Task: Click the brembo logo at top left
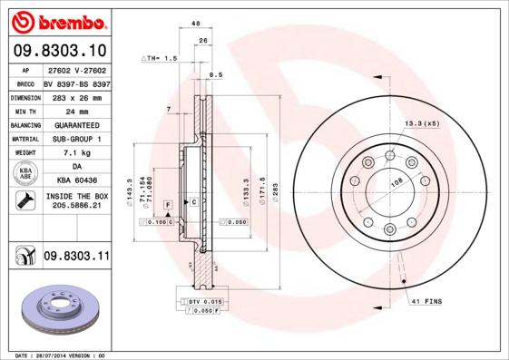coord(57,20)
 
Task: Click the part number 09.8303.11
coord(76,258)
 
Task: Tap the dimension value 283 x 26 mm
coord(76,96)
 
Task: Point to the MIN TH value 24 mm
coord(76,111)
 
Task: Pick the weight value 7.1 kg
coord(76,153)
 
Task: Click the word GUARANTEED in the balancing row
coord(76,124)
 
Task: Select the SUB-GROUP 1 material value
coord(76,139)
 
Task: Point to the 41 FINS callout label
coord(426,299)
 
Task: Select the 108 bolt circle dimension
coord(396,182)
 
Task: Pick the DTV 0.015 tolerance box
coord(204,300)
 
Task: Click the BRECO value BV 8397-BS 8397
coord(76,82)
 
